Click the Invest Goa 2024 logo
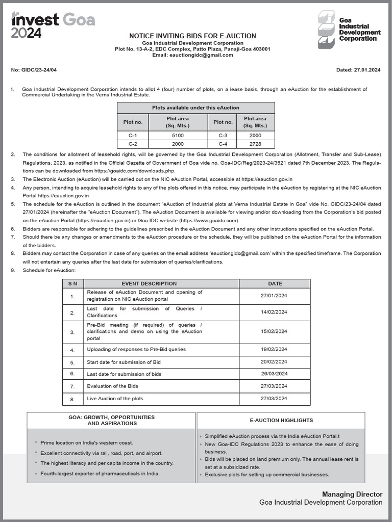click(53, 25)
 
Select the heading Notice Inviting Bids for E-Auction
click(192, 36)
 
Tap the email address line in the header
click(192, 55)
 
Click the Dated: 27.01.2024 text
click(359, 70)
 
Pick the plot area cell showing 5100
click(178, 135)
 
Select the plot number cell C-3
click(223, 135)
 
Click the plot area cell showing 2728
click(255, 144)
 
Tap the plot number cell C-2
click(133, 144)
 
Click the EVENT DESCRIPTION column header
click(149, 283)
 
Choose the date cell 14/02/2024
click(274, 312)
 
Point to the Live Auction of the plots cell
click(115, 398)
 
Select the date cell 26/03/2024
click(274, 374)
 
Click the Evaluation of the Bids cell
click(112, 386)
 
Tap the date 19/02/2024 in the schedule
click(274, 349)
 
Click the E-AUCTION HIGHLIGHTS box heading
click(281, 421)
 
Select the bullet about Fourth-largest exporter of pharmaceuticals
click(100, 474)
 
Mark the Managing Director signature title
click(352, 494)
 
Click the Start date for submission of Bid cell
click(124, 362)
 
